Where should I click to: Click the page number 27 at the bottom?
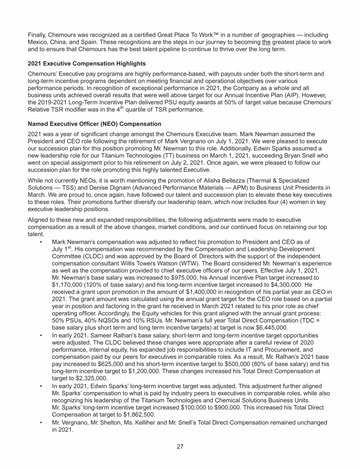click(x=180, y=446)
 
